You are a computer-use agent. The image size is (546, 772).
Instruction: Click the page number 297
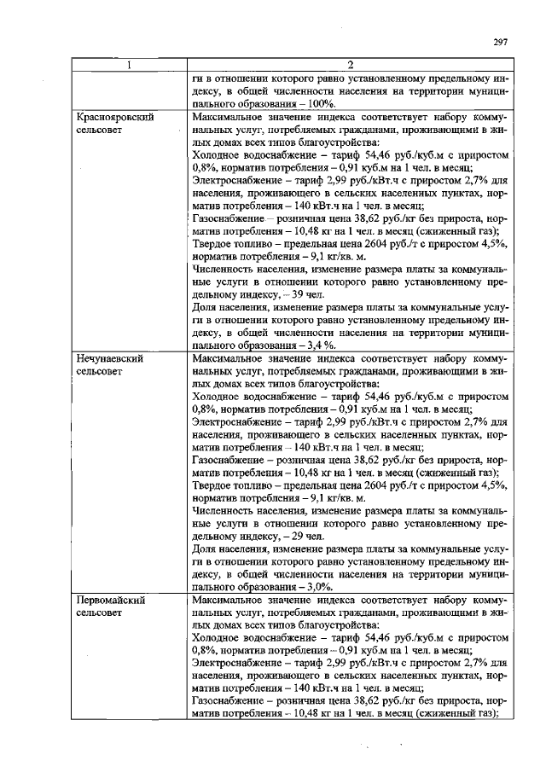click(502, 44)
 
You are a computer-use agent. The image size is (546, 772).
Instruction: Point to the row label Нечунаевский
click(109, 359)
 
